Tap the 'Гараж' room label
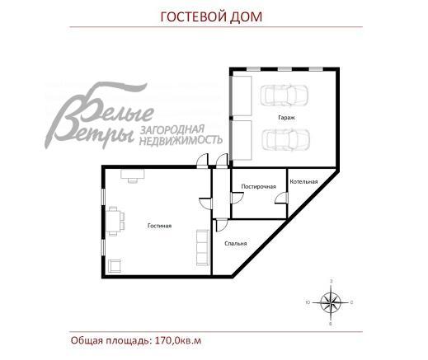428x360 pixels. click(285, 117)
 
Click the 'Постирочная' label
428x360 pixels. click(257, 186)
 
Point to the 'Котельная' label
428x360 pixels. click(303, 180)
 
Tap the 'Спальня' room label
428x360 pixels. click(236, 243)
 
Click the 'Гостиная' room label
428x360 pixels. click(159, 225)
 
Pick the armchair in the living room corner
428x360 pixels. click(115, 264)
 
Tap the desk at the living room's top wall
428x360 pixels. click(131, 174)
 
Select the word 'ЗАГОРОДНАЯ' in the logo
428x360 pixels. click(182, 130)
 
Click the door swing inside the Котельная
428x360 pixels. click(281, 199)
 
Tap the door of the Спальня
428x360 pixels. click(219, 225)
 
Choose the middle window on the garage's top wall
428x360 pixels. click(285, 68)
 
